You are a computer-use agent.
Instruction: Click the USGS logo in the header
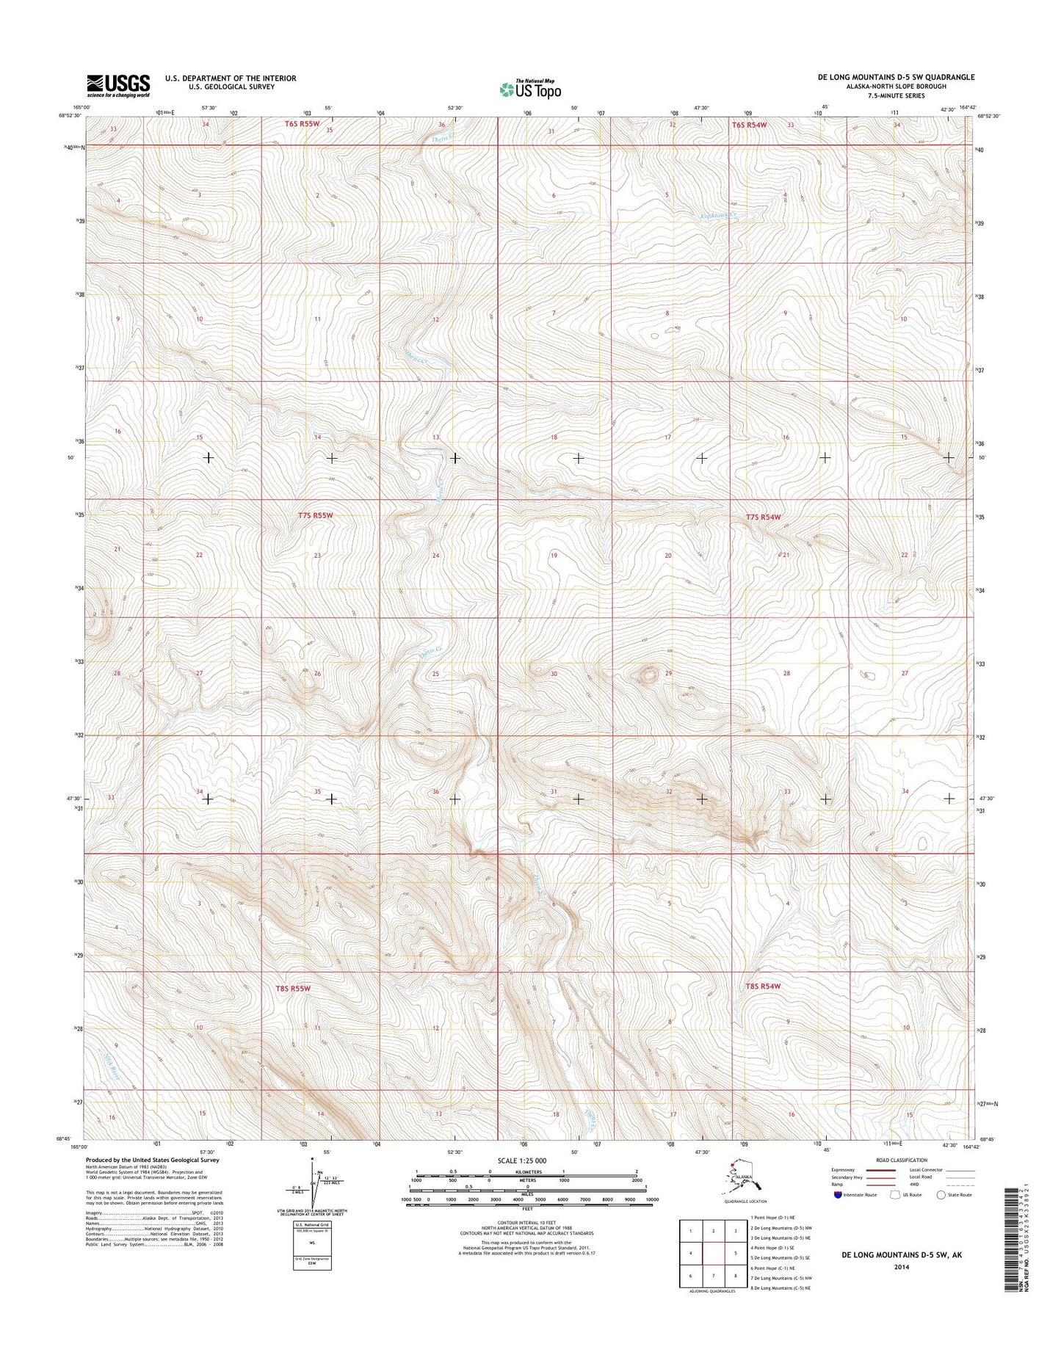tap(118, 84)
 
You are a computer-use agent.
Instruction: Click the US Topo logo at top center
tap(530, 89)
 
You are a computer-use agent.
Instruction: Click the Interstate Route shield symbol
tap(839, 1215)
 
